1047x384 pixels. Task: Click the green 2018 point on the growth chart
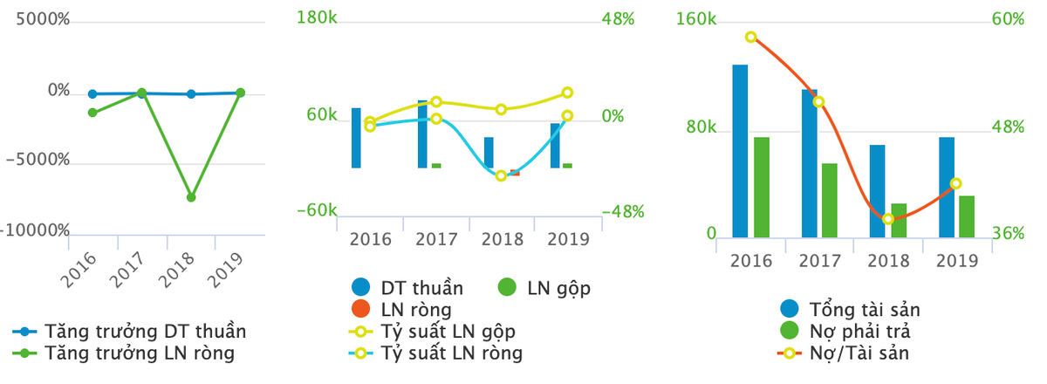click(191, 197)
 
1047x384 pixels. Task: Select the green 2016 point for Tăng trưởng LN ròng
click(92, 113)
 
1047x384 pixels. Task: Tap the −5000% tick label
click(38, 161)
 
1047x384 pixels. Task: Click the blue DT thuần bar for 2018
click(489, 152)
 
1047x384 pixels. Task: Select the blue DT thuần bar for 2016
click(356, 138)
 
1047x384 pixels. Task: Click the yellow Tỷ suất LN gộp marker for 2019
click(567, 93)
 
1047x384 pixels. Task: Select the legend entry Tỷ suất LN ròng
click(451, 353)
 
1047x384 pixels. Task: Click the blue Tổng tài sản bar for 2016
click(740, 150)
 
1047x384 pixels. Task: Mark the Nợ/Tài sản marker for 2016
click(750, 38)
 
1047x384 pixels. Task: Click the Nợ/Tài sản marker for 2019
click(955, 184)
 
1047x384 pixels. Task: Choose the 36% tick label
click(1008, 234)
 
